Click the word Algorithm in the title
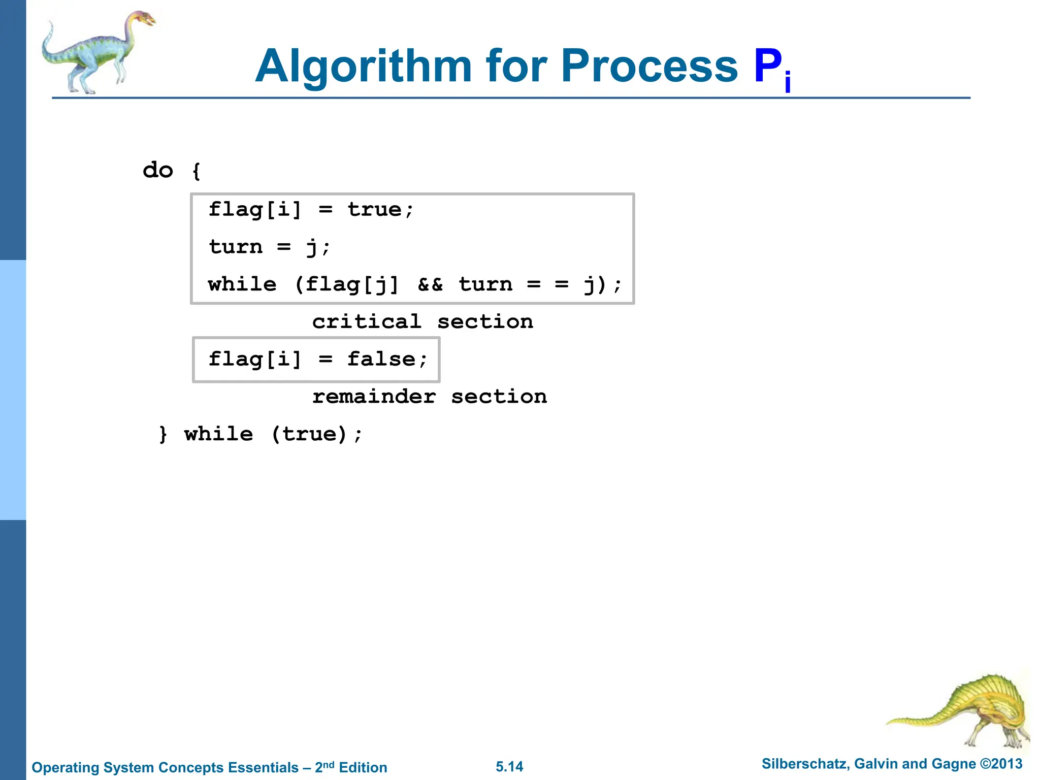point(364,67)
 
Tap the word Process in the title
point(649,67)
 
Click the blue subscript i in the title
point(788,83)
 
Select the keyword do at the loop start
point(158,170)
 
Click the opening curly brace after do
point(197,171)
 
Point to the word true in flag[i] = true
point(375,210)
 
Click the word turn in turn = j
point(236,247)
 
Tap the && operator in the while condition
point(430,284)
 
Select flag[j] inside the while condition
point(351,284)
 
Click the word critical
point(367,322)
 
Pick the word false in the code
point(381,360)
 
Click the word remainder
point(374,397)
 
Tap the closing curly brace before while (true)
point(163,435)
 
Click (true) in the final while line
point(309,435)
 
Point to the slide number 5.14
point(509,767)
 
